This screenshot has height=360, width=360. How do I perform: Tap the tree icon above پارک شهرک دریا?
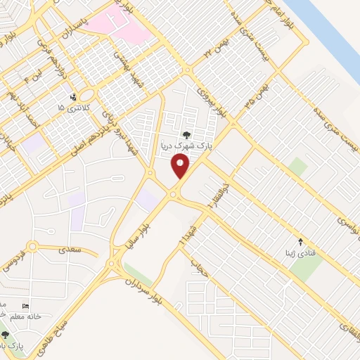pos(186,135)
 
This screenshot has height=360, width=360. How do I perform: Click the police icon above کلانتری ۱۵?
pos(72,97)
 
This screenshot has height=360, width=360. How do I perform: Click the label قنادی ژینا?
pos(304,251)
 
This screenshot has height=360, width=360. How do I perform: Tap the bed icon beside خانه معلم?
pos(26,307)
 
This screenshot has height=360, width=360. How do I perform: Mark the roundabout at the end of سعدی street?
pos(31,247)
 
